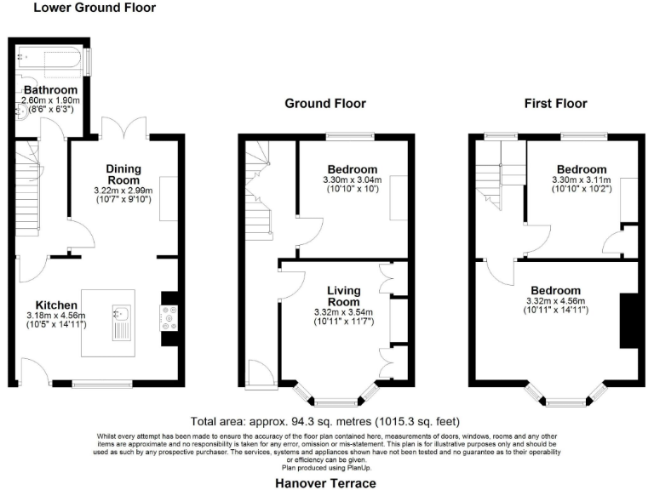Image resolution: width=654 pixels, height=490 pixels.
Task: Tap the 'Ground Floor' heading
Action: tap(324, 104)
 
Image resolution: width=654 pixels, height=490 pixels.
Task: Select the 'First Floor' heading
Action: tap(555, 104)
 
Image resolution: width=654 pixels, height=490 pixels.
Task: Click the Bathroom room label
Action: tap(50, 89)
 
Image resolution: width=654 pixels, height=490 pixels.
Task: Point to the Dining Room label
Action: tap(123, 174)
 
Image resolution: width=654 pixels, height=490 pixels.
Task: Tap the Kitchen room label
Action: tap(56, 305)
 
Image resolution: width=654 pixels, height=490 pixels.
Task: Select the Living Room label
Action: tap(344, 297)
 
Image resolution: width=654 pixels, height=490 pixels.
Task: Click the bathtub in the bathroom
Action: tap(51, 60)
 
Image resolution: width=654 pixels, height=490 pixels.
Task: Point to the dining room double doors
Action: tap(124, 129)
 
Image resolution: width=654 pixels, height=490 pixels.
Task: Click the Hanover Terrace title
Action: tap(325, 482)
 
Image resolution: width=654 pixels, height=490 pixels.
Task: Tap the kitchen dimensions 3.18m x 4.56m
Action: tap(56, 316)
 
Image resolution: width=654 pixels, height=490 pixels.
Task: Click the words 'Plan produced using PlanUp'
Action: tap(326, 468)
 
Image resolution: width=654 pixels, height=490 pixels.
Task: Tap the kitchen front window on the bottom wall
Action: tap(101, 383)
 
